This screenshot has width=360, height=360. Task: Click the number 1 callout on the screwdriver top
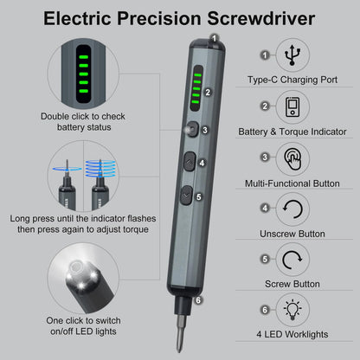coord(214,37)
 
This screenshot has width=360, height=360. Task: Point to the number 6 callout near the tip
coord(198,301)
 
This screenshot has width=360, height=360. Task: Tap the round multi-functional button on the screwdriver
coord(188,129)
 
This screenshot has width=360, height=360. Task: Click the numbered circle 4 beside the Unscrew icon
coord(265,209)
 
